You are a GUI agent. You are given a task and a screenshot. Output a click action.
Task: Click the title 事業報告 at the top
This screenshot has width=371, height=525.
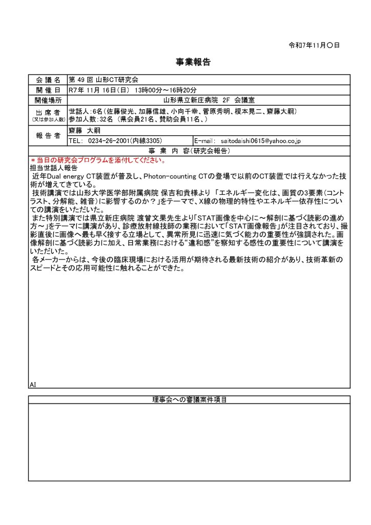point(186,63)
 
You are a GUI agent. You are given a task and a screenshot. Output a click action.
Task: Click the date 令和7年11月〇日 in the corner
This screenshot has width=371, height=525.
point(314,45)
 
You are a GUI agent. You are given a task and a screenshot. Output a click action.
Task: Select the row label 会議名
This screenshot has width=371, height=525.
point(48,80)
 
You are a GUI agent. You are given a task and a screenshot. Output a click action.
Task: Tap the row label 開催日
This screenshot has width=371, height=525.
point(48,90)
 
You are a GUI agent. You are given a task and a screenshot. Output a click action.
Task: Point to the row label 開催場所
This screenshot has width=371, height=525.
point(48,100)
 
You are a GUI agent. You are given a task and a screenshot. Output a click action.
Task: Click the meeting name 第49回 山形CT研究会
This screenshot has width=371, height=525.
point(104,80)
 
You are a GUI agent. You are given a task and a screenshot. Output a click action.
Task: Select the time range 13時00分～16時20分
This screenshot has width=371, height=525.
point(160,90)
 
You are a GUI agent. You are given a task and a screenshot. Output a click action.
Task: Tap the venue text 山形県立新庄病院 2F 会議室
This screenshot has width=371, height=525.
point(209,100)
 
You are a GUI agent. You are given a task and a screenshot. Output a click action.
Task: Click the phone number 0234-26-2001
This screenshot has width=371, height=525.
point(109,140)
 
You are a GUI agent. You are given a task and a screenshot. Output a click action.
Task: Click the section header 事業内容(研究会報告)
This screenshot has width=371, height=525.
point(189,151)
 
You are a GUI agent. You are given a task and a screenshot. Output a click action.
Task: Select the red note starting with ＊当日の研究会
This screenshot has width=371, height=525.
point(97,160)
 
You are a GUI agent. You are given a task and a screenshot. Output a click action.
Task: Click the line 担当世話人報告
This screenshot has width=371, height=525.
point(54,168)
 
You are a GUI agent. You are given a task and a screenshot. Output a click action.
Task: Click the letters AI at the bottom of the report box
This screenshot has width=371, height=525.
point(33,384)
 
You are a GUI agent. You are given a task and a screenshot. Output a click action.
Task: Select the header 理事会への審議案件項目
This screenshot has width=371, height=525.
point(189,400)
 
